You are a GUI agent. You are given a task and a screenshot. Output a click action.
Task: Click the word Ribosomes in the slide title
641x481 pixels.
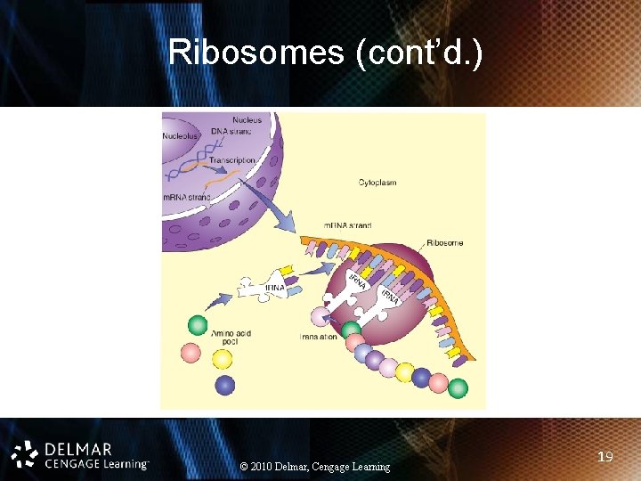click(x=256, y=53)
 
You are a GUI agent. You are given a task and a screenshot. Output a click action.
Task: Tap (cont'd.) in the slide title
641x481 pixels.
click(x=418, y=53)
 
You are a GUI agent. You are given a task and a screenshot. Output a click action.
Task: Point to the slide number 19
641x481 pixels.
click(x=605, y=457)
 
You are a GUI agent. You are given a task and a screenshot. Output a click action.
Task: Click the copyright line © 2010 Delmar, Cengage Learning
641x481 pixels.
click(x=315, y=467)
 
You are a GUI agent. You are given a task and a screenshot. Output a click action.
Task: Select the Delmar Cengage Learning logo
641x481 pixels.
click(x=80, y=454)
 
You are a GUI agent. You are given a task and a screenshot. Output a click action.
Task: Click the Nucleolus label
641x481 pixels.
click(x=181, y=136)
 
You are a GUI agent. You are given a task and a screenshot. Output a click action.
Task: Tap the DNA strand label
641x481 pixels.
click(x=231, y=132)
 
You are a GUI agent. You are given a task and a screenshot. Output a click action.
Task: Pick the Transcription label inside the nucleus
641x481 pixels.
click(x=232, y=160)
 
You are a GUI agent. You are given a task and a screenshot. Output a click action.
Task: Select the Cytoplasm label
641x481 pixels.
click(x=377, y=183)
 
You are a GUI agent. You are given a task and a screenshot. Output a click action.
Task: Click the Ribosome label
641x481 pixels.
click(x=444, y=242)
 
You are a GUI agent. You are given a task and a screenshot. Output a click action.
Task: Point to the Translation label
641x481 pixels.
click(x=318, y=338)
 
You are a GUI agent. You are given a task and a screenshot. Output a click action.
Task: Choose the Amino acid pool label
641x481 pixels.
click(x=231, y=338)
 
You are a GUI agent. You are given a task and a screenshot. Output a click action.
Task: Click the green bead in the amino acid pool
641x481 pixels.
click(x=198, y=325)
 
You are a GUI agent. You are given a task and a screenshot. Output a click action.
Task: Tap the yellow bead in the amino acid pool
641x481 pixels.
click(x=222, y=359)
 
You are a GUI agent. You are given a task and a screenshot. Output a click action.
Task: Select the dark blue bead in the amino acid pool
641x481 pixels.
click(x=225, y=385)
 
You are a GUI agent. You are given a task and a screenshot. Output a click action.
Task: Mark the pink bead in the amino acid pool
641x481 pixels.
click(x=191, y=353)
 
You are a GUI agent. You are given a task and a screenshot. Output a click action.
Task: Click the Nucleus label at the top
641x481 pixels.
click(x=247, y=119)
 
